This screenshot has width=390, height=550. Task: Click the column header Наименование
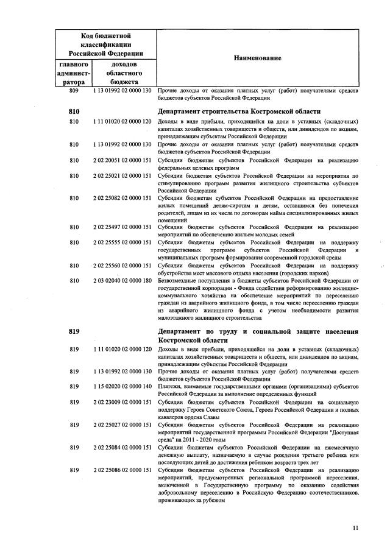coord(257,57)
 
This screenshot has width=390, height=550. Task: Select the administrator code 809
coord(74,91)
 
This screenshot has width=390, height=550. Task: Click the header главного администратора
coord(74,72)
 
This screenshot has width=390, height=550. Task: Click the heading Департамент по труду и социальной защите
coord(257,331)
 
